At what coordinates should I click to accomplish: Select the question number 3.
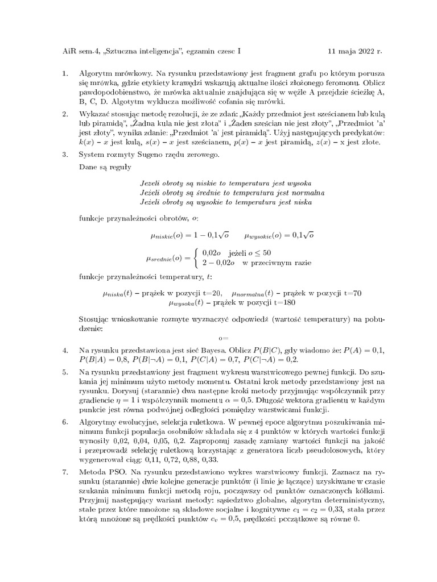(64, 154)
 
